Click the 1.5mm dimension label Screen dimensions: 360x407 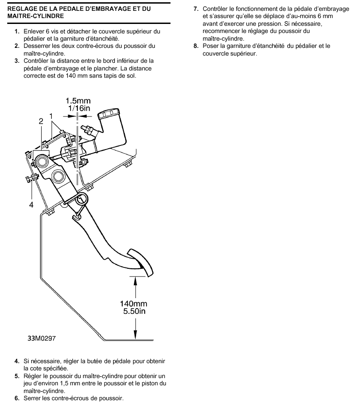point(78,101)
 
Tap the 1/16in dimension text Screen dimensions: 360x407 point(79,108)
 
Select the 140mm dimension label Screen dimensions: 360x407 point(133,304)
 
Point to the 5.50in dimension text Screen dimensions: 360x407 point(134,311)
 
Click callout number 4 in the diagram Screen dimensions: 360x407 point(31,205)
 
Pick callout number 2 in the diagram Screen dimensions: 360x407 point(41,121)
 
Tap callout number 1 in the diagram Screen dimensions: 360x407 point(51,116)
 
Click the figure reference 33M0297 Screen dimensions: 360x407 point(42,338)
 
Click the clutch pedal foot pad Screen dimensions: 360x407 point(140,262)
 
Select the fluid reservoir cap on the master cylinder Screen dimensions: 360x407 point(109,114)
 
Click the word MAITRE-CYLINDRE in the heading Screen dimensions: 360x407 point(36,16)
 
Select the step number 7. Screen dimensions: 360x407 point(196,9)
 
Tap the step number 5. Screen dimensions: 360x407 point(17,376)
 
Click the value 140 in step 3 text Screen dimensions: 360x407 point(71,76)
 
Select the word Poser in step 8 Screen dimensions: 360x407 point(210,46)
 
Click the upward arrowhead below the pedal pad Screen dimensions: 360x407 point(135,281)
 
